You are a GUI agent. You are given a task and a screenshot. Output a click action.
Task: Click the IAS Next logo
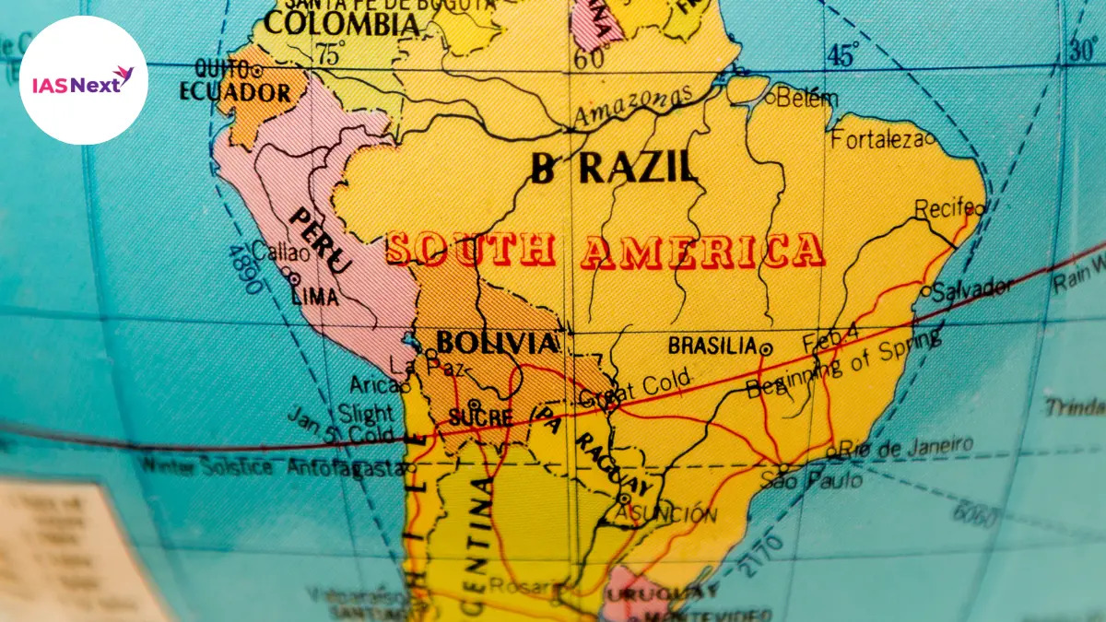83,79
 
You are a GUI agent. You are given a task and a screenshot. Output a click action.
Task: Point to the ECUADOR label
236,93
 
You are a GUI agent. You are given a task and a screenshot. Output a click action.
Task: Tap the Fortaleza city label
877,140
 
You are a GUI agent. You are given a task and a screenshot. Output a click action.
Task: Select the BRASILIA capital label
712,346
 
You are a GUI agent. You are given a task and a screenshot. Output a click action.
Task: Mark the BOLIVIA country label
497,344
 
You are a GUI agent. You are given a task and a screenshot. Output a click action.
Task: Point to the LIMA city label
314,297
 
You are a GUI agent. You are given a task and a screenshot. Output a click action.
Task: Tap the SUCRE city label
479,417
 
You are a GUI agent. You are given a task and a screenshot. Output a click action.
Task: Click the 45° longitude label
841,56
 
